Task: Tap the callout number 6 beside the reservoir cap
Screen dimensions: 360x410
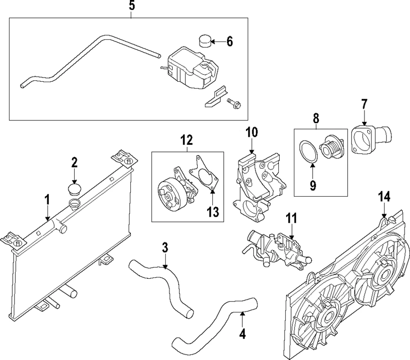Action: coord(229,41)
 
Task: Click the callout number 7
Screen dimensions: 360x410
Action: coord(364,104)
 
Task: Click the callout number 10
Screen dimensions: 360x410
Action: coord(252,132)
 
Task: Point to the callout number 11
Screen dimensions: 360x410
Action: coord(291,218)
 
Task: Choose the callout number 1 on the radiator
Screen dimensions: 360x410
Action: coord(47,200)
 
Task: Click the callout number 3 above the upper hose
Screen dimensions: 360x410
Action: coord(165,248)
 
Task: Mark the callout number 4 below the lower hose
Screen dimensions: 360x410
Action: coord(242,333)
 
